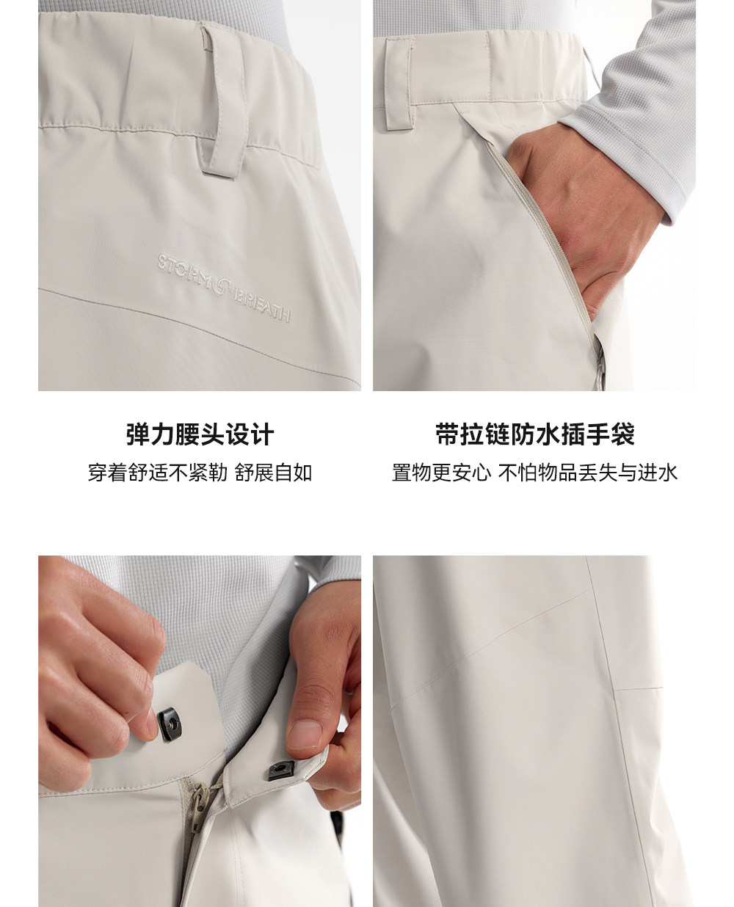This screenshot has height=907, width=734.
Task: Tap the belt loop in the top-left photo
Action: (222, 101)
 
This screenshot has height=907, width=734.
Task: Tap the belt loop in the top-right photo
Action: (399, 82)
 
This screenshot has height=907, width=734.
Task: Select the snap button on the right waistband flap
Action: (282, 771)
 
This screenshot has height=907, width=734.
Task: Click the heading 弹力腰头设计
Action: (200, 434)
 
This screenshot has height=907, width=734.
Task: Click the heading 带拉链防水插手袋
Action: (534, 434)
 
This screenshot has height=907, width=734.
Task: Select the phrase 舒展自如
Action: (274, 473)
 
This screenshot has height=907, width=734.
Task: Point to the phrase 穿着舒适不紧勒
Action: (158, 473)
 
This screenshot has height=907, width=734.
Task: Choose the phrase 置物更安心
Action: (441, 473)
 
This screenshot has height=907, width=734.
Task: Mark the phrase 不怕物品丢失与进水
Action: (588, 473)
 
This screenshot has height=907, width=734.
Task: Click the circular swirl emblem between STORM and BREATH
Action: (222, 285)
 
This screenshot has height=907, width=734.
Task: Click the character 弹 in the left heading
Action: (138, 434)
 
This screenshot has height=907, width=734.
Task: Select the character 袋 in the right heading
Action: (622, 434)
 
